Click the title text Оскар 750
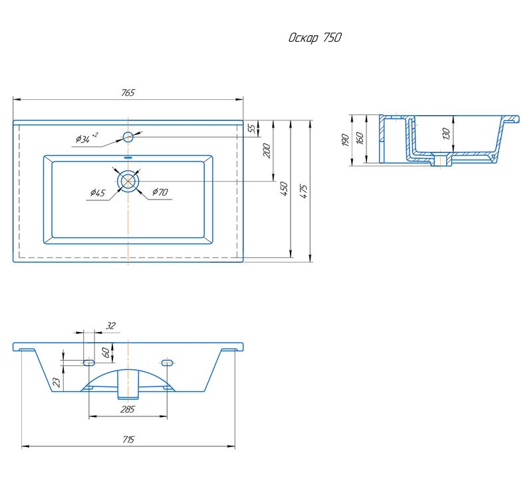coord(315,38)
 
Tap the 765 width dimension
coord(128,92)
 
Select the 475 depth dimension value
coord(304,192)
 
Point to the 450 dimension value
coord(285,189)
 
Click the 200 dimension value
coord(267,151)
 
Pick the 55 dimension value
coord(252,128)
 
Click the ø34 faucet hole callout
coord(86,138)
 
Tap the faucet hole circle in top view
coord(128,137)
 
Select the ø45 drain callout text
coord(98,193)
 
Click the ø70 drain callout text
coord(160,192)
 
